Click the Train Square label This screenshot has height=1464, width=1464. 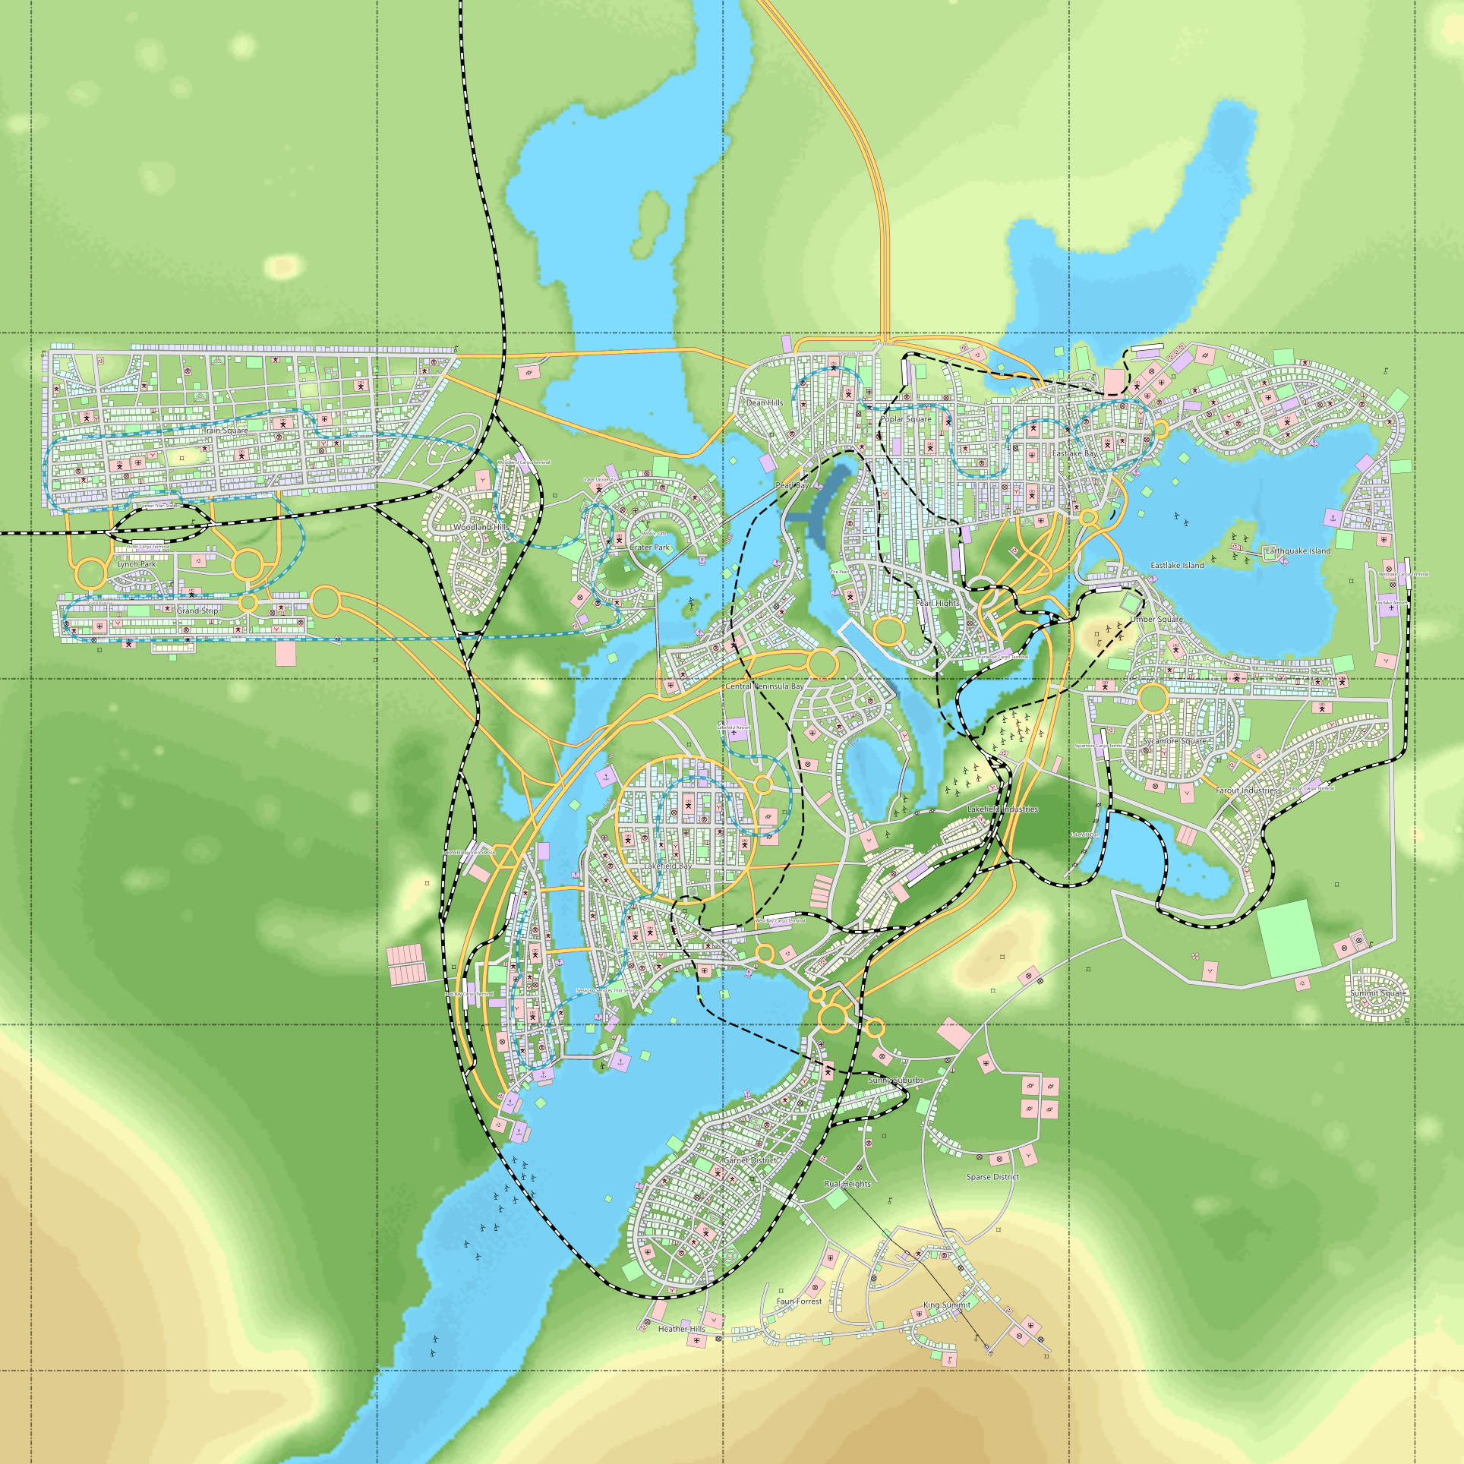226,431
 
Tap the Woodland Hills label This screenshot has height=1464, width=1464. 481,527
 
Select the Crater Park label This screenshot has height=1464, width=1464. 650,547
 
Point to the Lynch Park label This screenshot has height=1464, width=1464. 137,564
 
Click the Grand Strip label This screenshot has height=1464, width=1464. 197,611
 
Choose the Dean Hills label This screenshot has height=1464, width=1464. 765,403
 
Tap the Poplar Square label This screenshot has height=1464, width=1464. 906,419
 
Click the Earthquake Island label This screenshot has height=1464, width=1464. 1298,551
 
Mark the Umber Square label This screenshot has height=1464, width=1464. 1156,620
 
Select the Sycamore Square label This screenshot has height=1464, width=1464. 1174,741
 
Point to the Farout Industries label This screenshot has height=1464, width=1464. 1247,790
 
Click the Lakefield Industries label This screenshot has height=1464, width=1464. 1002,809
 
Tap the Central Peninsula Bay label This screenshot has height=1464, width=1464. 765,686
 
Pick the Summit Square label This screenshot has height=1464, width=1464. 1378,993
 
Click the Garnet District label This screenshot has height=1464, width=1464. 750,1160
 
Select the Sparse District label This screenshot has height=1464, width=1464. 992,1177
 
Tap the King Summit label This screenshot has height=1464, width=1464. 947,1305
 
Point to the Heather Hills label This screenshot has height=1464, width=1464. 682,1329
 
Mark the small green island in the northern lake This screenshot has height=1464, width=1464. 648,224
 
